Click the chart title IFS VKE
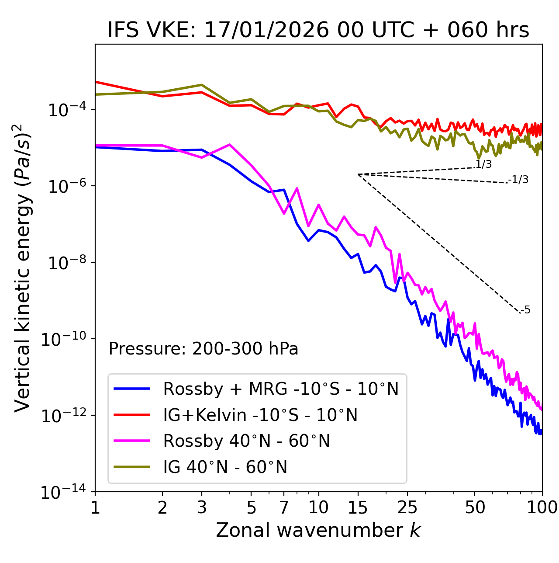tap(318, 30)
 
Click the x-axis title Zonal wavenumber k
tap(318, 530)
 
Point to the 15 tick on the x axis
tap(358, 507)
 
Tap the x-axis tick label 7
tap(284, 507)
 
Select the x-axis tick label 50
tap(475, 507)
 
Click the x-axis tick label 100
tap(542, 507)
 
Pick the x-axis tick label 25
tap(407, 507)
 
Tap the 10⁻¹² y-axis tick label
tap(62, 415)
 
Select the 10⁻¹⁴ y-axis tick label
tap(62, 492)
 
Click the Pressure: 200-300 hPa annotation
tap(203, 349)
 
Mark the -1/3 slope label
tap(519, 180)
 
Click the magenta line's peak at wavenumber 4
tap(229, 145)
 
